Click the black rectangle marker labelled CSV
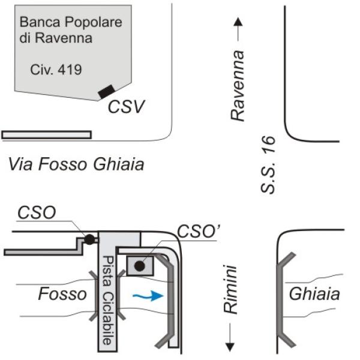[x=107, y=92]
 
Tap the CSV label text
[x=127, y=107]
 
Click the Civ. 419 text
[x=56, y=70]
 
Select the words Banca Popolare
[x=71, y=22]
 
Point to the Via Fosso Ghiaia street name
[x=76, y=164]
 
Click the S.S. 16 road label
[x=268, y=164]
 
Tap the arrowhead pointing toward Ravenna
[x=238, y=22]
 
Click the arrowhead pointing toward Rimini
[x=230, y=347]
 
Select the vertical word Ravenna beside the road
[x=238, y=86]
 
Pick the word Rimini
[x=230, y=290]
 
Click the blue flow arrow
[x=148, y=296]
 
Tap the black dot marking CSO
[x=89, y=239]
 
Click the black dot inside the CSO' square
[x=140, y=266]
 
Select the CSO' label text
[x=199, y=232]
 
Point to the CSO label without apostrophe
[x=37, y=212]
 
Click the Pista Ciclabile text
[x=107, y=301]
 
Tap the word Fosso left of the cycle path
[x=62, y=294]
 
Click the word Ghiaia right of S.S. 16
[x=314, y=294]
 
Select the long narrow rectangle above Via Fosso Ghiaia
[x=47, y=135]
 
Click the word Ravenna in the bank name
[x=64, y=38]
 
